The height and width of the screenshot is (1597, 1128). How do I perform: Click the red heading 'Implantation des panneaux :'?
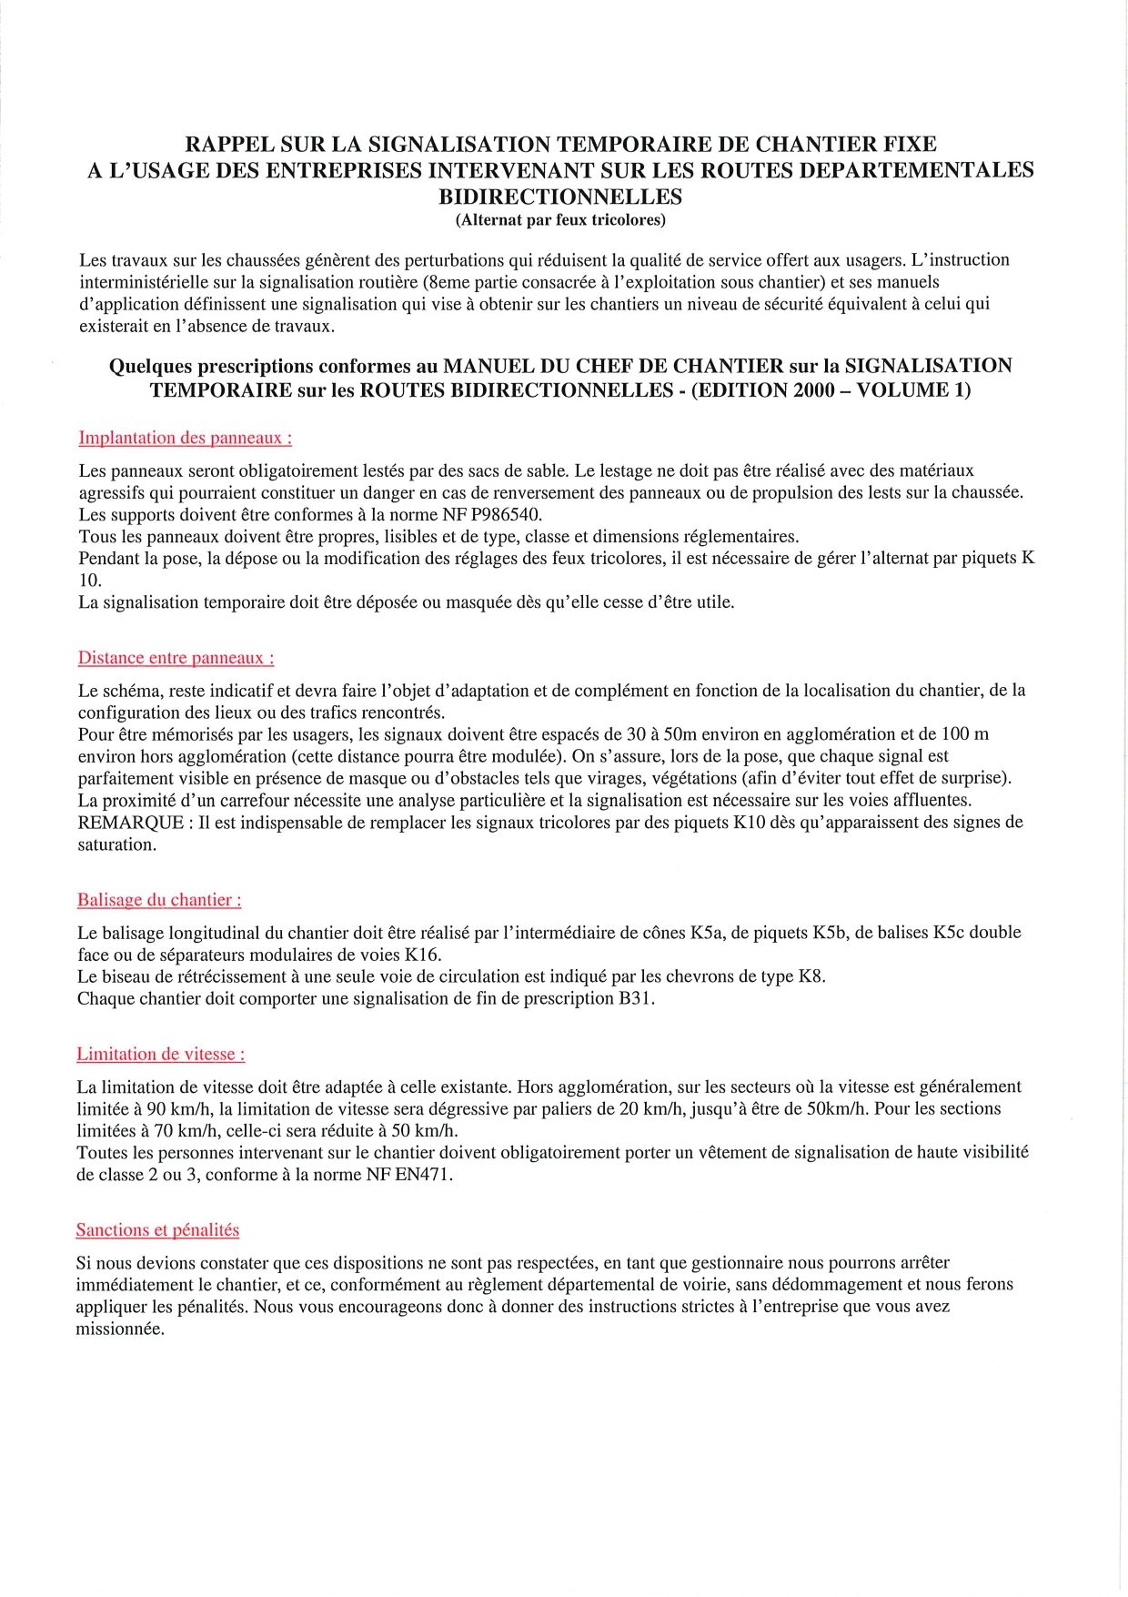tap(185, 438)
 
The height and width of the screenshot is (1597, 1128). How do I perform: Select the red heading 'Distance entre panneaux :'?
tap(176, 658)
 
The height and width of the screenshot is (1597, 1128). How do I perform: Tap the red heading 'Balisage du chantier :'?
tap(159, 900)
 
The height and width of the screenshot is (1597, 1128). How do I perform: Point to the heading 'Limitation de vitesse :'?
tap(160, 1055)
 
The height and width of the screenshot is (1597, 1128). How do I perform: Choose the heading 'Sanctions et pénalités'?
tap(157, 1230)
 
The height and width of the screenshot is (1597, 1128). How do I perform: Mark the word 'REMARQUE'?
tap(128, 823)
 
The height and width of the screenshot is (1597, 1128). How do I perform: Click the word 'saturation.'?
tap(116, 844)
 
